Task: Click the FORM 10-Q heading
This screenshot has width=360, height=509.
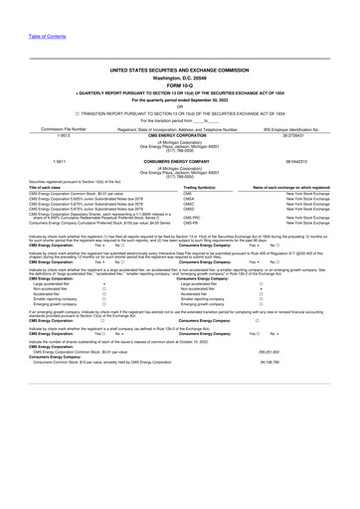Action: coord(180,83)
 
